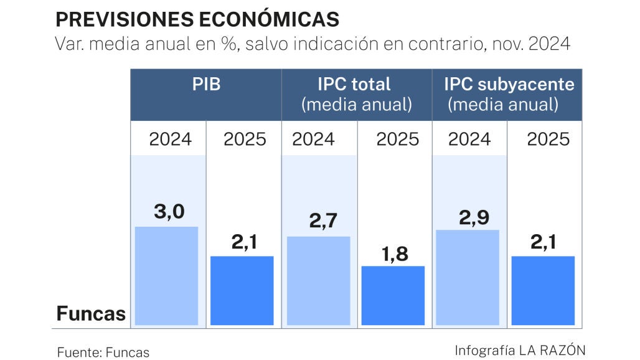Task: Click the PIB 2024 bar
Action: click(x=166, y=276)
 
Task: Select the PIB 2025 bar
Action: click(x=242, y=290)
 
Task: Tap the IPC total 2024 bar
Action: click(x=318, y=281)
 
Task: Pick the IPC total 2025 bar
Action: click(x=393, y=295)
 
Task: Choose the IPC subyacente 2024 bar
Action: click(x=469, y=277)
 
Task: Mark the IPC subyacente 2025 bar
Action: click(x=543, y=290)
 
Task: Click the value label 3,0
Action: click(x=169, y=212)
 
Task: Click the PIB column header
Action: click(x=206, y=85)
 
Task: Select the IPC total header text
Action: click(x=356, y=94)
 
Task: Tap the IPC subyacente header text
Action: click(x=509, y=94)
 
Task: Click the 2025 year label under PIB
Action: click(x=245, y=139)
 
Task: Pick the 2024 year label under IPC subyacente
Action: click(x=469, y=138)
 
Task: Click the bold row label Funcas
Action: click(x=91, y=313)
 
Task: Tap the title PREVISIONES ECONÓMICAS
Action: click(x=197, y=19)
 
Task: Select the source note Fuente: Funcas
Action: click(x=103, y=352)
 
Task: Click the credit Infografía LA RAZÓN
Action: click(x=520, y=350)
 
